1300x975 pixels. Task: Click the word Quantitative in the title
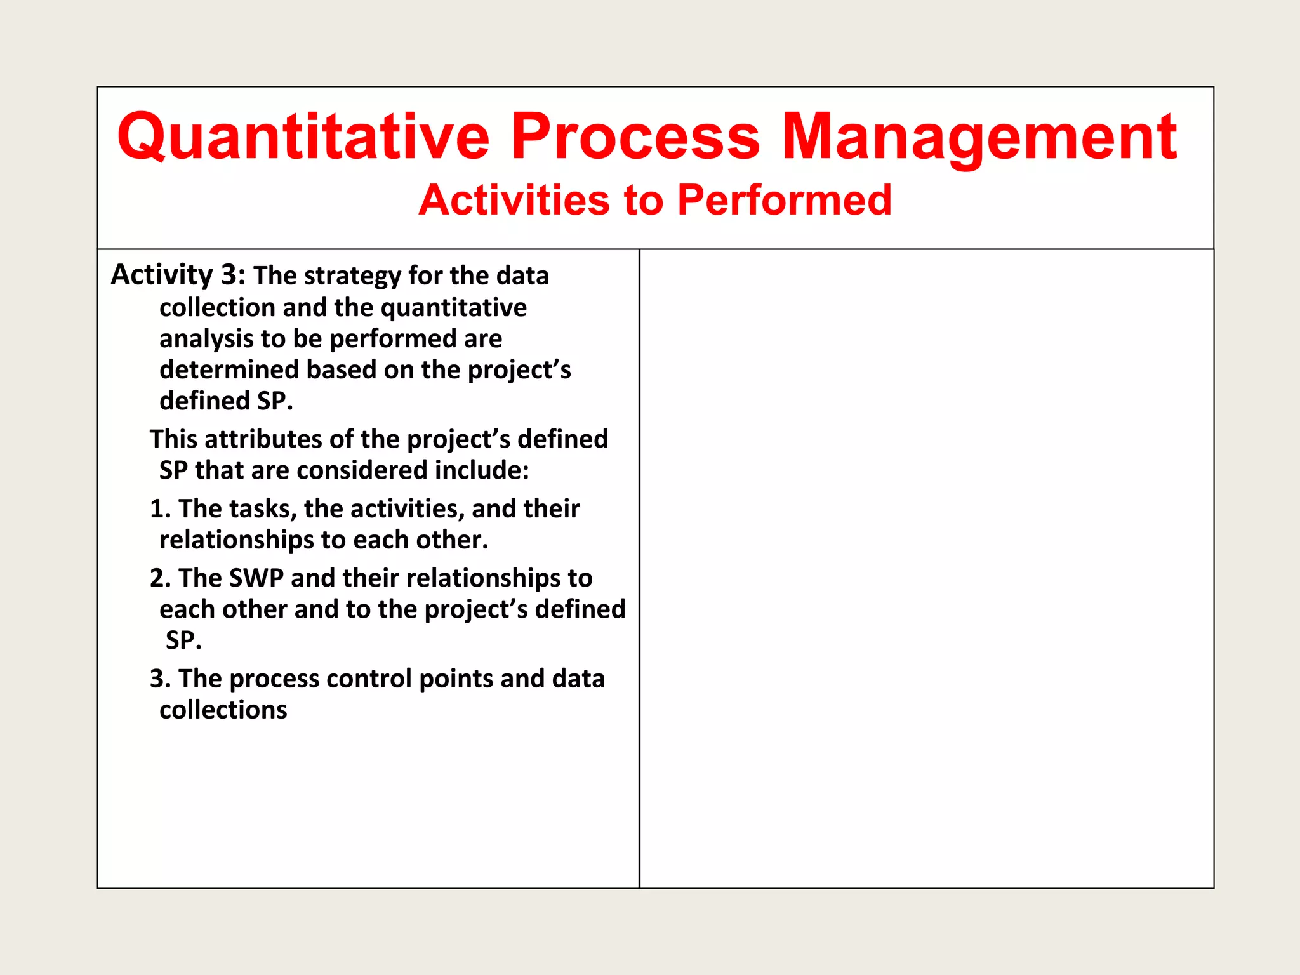(303, 137)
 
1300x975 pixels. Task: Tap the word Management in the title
(979, 137)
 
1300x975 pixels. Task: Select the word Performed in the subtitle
(784, 201)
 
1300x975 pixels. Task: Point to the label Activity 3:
(178, 275)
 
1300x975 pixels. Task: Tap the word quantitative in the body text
(453, 308)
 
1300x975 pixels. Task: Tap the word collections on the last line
(223, 710)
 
